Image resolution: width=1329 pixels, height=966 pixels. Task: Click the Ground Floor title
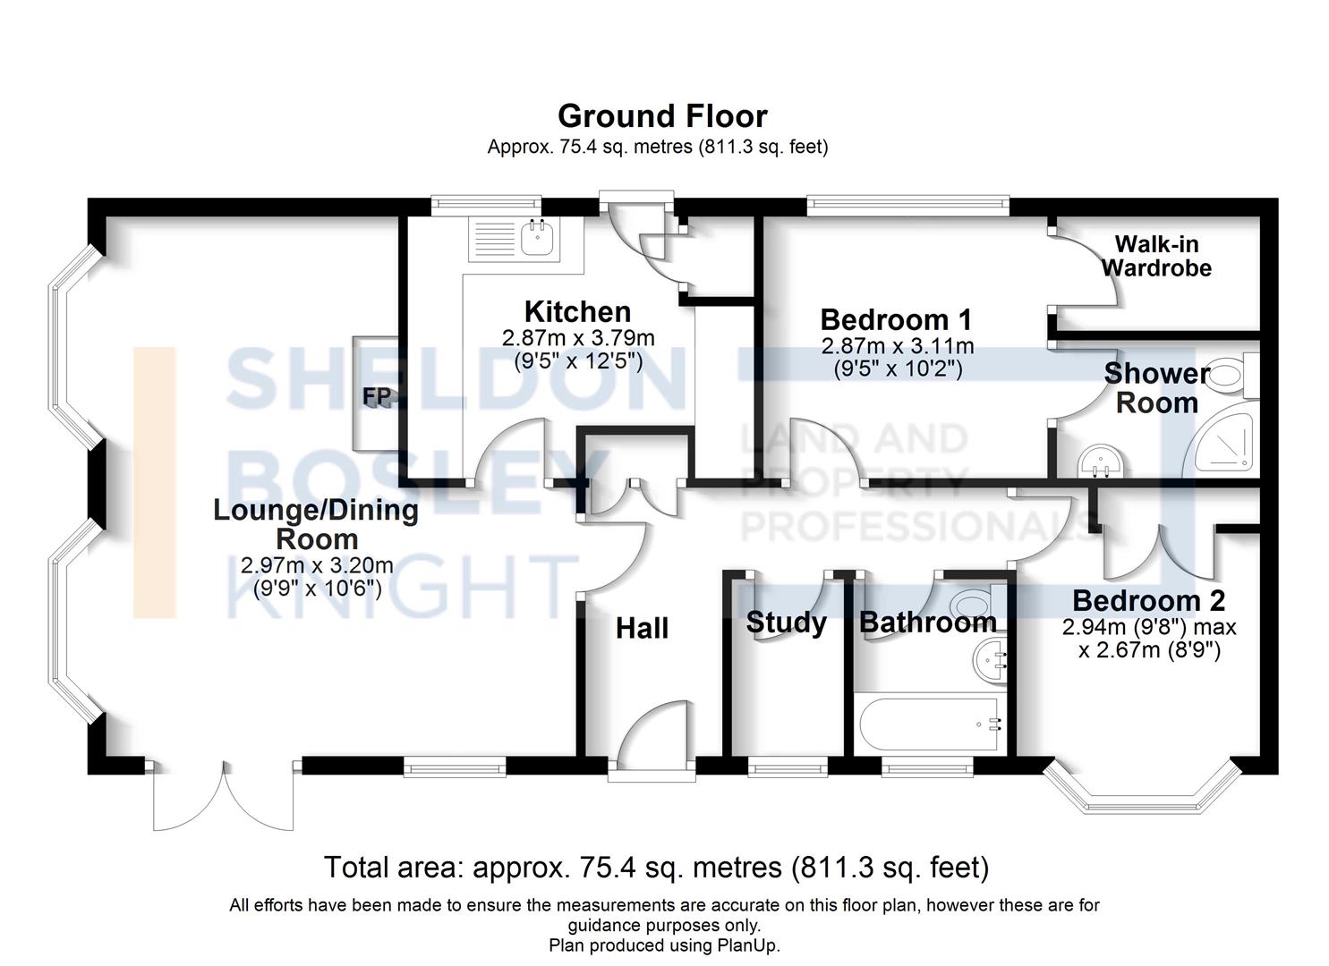(662, 116)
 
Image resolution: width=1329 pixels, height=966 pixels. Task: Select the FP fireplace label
(377, 396)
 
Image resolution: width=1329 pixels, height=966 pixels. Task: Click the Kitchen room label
(577, 312)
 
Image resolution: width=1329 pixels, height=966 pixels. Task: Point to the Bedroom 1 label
(896, 320)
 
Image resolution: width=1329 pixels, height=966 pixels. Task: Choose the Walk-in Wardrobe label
(1156, 256)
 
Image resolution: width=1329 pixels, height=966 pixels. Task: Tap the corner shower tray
(1221, 439)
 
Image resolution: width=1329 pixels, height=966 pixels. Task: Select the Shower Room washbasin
(1101, 461)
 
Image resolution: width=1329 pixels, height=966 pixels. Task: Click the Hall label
(642, 629)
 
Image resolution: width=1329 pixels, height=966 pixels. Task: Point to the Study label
(786, 623)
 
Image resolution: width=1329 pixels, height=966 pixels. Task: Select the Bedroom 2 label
(1148, 601)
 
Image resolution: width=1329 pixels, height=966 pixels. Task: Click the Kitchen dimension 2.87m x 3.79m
(578, 338)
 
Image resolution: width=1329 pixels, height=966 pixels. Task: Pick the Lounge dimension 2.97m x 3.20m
(317, 565)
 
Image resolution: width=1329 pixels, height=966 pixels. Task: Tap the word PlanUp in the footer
(746, 945)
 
